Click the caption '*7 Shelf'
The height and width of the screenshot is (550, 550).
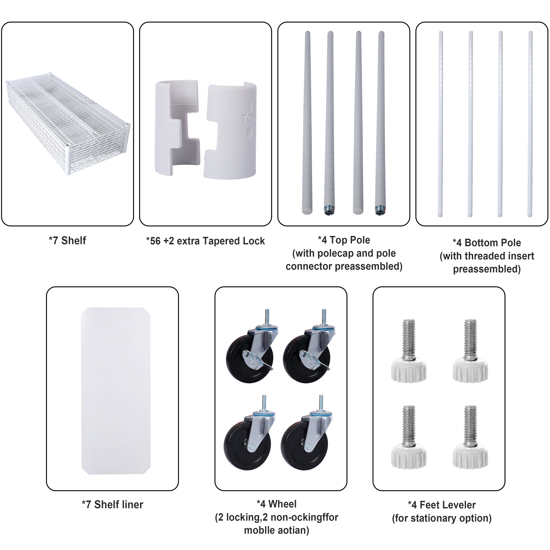click(67, 241)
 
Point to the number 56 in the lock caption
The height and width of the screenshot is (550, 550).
click(155, 241)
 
